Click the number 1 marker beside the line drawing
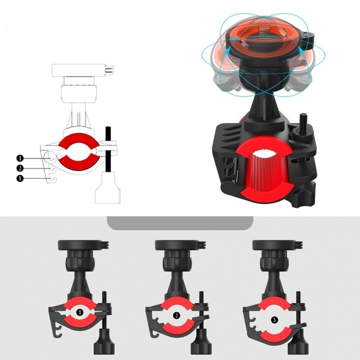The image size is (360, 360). [20, 158]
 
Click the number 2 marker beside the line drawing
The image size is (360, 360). [20, 169]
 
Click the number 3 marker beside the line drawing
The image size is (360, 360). [20, 178]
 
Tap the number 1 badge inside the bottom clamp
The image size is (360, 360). [80, 312]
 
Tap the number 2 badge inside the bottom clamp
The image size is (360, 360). [177, 316]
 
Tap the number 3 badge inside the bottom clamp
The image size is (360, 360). [274, 320]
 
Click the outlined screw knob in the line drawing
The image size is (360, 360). [108, 188]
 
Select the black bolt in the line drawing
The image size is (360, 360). [108, 149]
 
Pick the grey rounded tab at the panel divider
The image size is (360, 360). [180, 223]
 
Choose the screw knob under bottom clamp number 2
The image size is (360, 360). [202, 341]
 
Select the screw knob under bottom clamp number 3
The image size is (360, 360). [299, 341]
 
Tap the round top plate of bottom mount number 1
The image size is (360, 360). [83, 245]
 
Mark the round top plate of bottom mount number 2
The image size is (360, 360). [180, 245]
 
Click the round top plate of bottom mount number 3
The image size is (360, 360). [278, 245]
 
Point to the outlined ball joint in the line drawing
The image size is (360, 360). [79, 94]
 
